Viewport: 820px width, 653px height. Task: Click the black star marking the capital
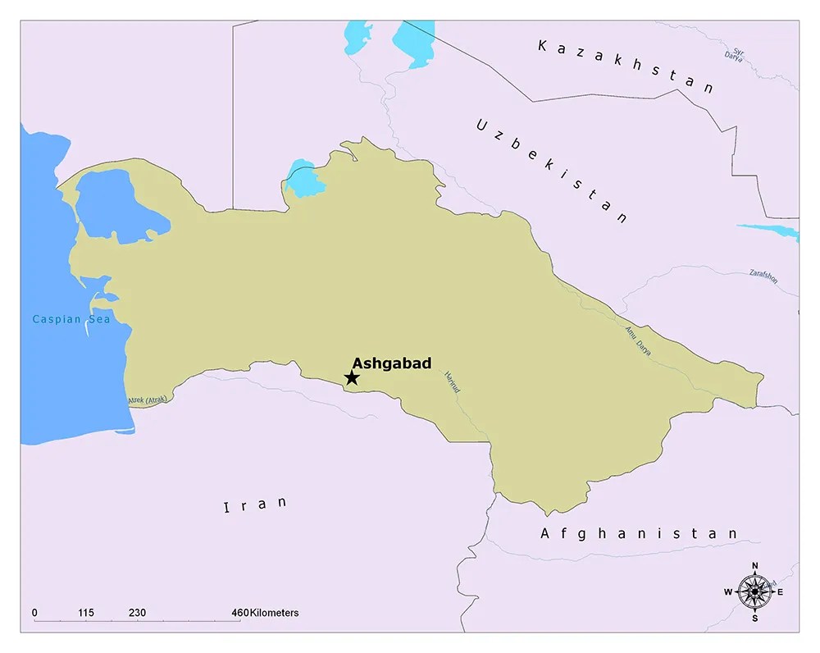(352, 377)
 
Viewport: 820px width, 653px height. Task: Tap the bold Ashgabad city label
(391, 363)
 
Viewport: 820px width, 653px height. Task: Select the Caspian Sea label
(71, 319)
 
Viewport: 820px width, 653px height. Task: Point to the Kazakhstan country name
(625, 66)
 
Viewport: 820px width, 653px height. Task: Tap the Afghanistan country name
(639, 533)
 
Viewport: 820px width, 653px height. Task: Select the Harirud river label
(452, 385)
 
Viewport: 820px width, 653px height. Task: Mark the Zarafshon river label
(763, 276)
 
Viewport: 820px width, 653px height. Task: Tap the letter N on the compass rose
(754, 565)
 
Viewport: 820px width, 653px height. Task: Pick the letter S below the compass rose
(754, 618)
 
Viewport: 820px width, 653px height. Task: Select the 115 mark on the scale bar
(87, 613)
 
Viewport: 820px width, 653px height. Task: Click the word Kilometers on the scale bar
(275, 613)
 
